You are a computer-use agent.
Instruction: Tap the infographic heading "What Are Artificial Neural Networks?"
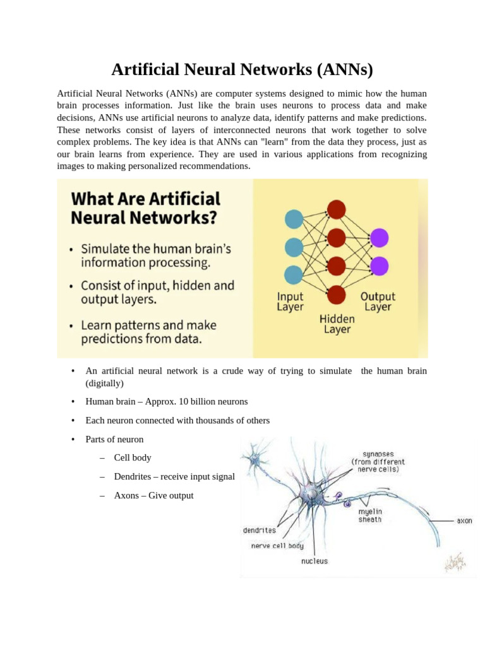point(145,208)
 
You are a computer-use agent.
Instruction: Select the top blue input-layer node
point(294,219)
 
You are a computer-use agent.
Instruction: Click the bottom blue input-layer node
point(294,275)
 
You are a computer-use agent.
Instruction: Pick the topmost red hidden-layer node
point(337,209)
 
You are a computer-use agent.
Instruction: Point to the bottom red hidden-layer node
point(337,294)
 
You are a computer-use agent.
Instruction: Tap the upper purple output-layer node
point(379,238)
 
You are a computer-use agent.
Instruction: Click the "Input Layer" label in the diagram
point(290,302)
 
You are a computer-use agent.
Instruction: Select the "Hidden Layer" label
point(337,324)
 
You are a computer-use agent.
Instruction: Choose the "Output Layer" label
point(378,302)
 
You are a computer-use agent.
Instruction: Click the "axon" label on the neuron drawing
point(464,521)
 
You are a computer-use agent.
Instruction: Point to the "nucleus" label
point(314,561)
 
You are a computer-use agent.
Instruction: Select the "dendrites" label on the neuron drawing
point(260,531)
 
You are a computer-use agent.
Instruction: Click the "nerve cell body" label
point(278,546)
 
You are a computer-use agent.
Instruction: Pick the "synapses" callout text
point(378,461)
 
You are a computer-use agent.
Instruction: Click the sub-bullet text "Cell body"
point(133,457)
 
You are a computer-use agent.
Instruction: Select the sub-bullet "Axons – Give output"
point(153,495)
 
